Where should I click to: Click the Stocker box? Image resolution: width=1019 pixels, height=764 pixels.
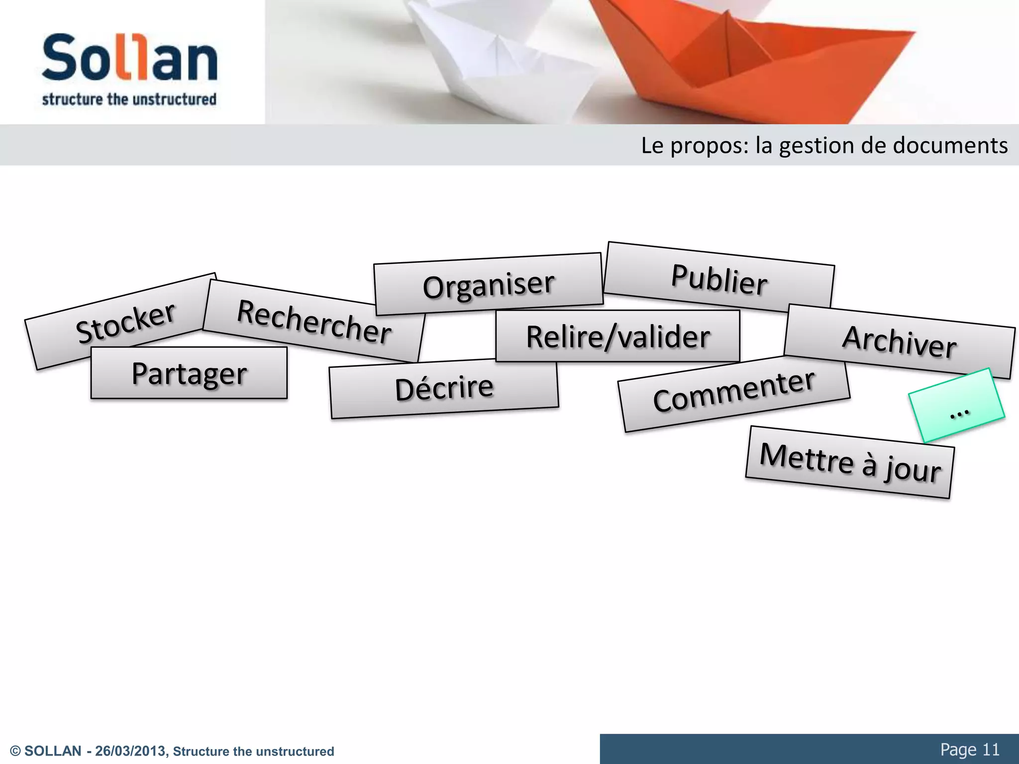[124, 323]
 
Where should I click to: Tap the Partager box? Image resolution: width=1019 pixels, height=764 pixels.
[189, 373]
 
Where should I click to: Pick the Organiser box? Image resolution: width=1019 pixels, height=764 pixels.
[488, 285]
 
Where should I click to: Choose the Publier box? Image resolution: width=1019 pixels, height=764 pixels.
[719, 279]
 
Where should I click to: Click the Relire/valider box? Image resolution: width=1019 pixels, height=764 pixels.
[617, 337]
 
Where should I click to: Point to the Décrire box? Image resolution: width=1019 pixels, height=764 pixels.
[444, 388]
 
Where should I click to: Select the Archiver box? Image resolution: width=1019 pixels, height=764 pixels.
[899, 342]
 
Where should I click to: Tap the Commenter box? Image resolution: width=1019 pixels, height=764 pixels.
[734, 392]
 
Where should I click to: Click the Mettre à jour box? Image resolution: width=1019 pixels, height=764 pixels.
[850, 463]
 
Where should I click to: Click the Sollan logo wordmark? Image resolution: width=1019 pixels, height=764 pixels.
[129, 58]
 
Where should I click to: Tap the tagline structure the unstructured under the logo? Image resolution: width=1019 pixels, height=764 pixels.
[129, 99]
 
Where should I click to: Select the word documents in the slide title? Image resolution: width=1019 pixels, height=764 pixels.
[950, 146]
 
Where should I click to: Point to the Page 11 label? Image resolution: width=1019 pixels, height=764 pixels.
[969, 749]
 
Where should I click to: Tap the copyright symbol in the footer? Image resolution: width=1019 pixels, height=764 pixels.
[15, 752]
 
